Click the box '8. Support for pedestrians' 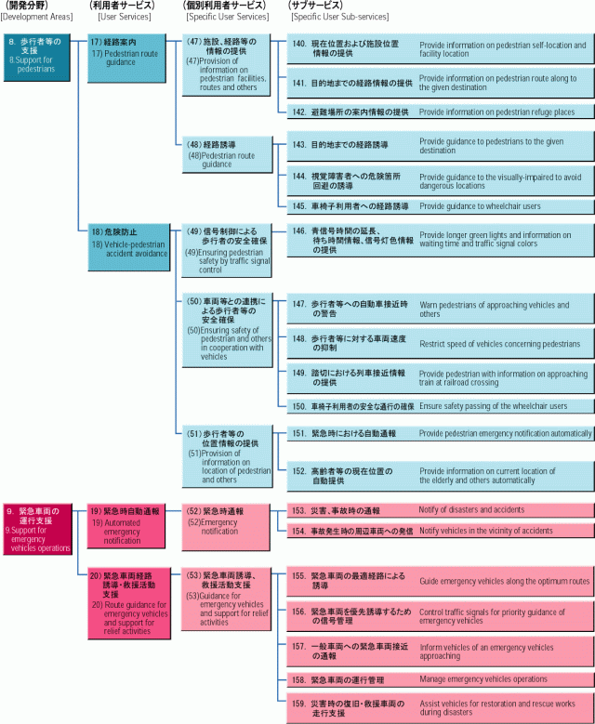tap(37, 57)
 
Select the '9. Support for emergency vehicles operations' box tap(38, 529)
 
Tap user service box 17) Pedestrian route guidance tap(126, 58)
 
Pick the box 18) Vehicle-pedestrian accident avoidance tap(129, 247)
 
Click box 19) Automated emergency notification tap(126, 526)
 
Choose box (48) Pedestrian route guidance tap(227, 154)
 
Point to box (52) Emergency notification tap(225, 527)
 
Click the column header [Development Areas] tap(37, 17)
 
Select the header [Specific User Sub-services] tap(339, 17)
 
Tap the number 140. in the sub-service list tap(299, 44)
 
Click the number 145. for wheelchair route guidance tap(299, 206)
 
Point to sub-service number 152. tap(299, 471)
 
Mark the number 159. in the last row tap(299, 704)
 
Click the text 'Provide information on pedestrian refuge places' tap(497, 112)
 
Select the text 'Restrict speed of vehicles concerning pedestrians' tap(500, 344)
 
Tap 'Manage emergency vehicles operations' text tap(483, 679)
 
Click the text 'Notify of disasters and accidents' tap(471, 509)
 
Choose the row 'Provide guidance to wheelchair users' tap(440, 206)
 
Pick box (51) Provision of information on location tap(227, 455)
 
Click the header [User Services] tap(125, 17)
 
